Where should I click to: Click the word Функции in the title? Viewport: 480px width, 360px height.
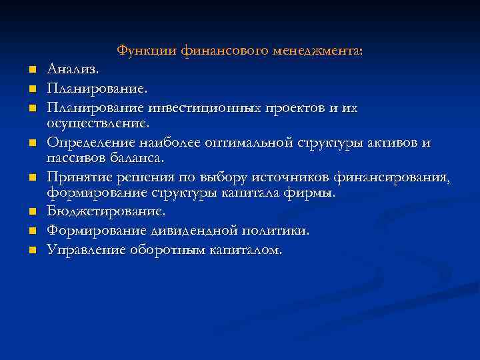coord(139,50)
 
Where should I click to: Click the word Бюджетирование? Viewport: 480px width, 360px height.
coord(106,211)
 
